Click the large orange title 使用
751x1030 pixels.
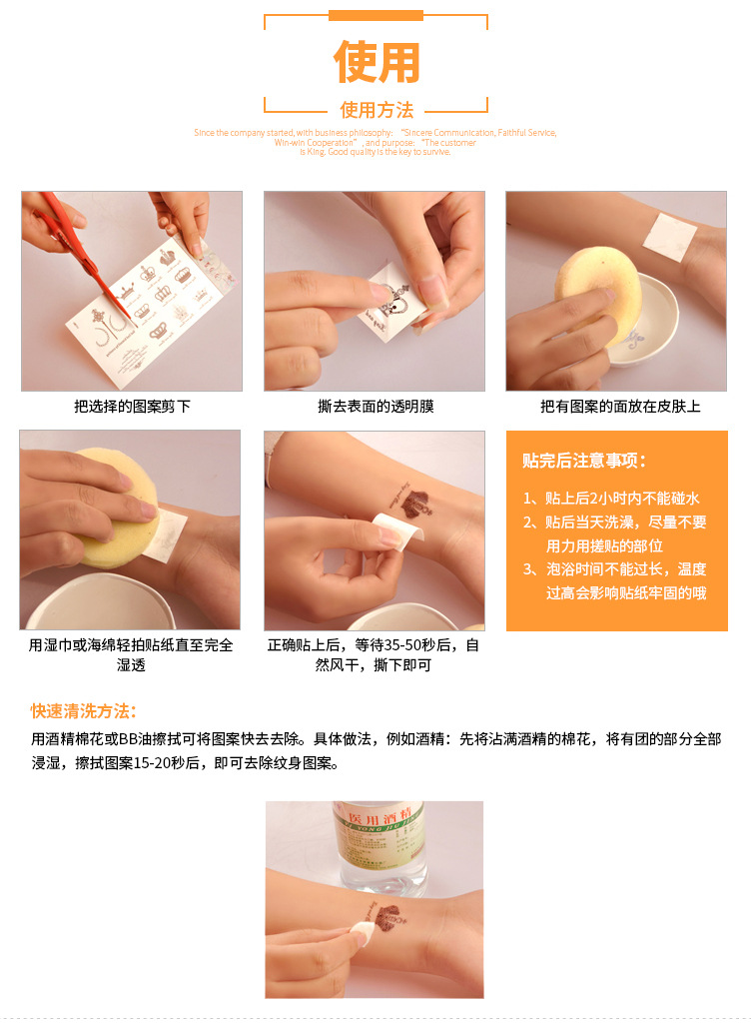[x=375, y=62]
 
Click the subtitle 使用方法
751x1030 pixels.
[x=375, y=110]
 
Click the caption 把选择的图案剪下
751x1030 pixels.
[x=132, y=407]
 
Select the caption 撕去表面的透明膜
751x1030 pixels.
[x=375, y=407]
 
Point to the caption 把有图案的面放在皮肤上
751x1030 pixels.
[x=619, y=407]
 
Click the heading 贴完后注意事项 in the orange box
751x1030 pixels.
[x=585, y=461]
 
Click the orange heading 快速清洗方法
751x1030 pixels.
[x=83, y=711]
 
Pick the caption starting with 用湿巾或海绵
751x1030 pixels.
[x=131, y=654]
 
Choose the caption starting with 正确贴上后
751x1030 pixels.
[x=374, y=654]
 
